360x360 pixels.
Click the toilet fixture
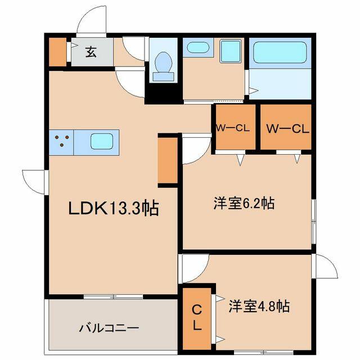point(164,66)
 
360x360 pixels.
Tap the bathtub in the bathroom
point(280,52)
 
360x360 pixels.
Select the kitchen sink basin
point(102,141)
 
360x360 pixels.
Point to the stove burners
point(62,141)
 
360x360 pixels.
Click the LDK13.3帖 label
point(114,208)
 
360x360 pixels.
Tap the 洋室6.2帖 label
point(244,203)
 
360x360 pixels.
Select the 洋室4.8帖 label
point(259,306)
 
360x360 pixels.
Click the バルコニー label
point(109,327)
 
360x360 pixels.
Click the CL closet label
point(197,318)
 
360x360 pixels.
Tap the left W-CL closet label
point(233,128)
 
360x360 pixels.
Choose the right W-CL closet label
point(287,129)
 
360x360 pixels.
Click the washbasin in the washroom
point(197,47)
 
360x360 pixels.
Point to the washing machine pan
point(231,51)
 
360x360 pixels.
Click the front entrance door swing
point(92,21)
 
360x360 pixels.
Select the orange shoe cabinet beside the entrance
point(58,52)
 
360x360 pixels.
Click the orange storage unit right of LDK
point(168,160)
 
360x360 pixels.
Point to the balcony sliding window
point(113,296)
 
